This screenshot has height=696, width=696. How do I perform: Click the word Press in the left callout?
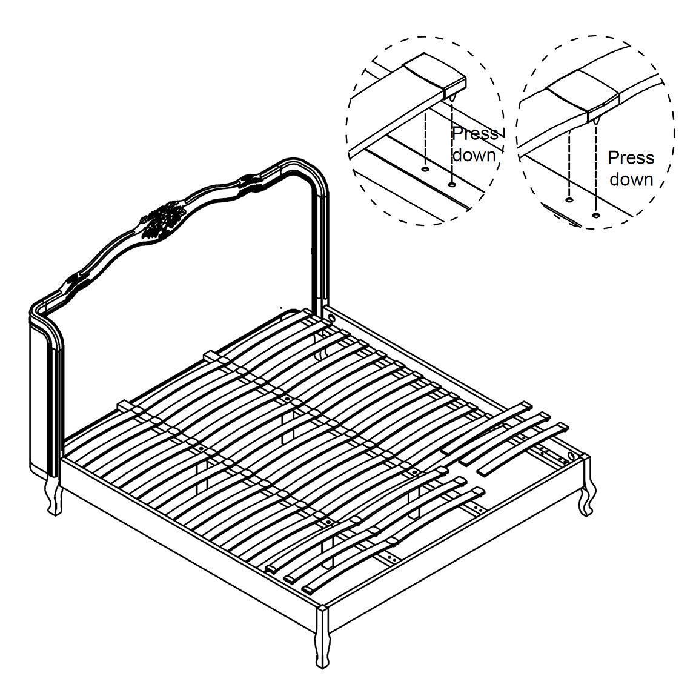475,134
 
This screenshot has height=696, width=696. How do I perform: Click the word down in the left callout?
474,155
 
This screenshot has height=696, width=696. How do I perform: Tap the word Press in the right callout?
631,157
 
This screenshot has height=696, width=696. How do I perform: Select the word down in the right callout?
631,179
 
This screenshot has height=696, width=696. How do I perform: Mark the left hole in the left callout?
425,168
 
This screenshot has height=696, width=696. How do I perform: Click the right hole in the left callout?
452,184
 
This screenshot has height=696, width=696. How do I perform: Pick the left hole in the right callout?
569,200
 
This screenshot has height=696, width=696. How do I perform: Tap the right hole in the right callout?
595,215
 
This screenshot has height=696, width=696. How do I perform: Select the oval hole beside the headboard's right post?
331,318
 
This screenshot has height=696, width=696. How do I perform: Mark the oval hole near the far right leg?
571,456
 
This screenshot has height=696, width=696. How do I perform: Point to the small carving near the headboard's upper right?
251,183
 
